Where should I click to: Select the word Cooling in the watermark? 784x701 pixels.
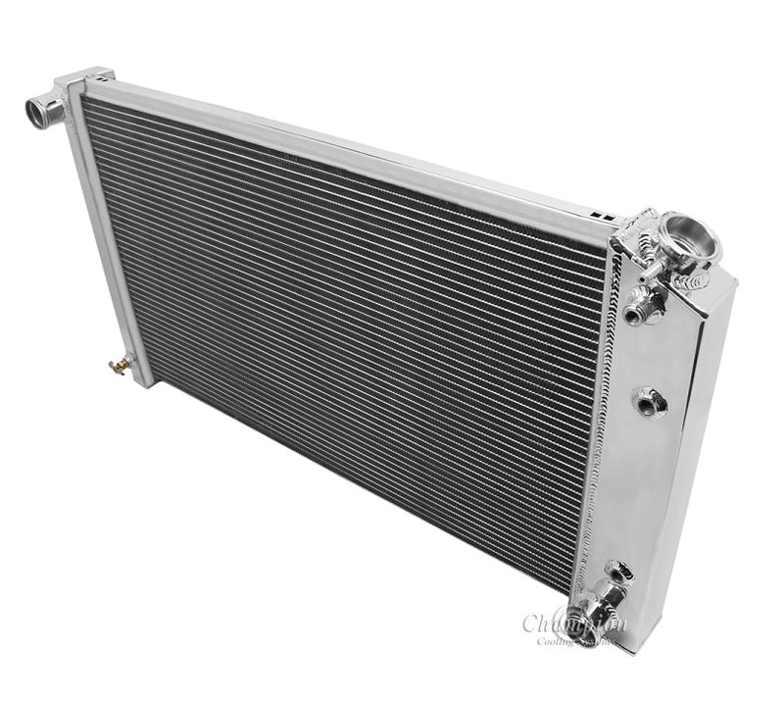coord(553,641)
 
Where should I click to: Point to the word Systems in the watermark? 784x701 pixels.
coord(595,641)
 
